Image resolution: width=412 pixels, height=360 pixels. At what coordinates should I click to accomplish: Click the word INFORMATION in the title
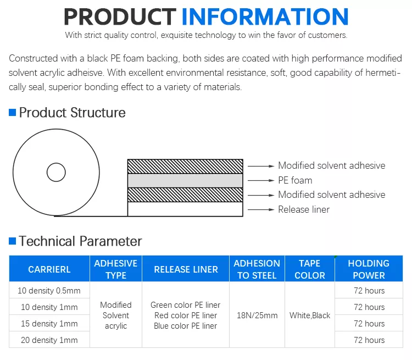pyautogui.click(x=265, y=16)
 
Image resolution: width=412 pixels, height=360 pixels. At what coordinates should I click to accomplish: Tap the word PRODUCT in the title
pyautogui.click(x=120, y=16)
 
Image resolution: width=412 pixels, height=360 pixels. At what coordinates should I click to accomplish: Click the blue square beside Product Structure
pyautogui.click(x=12, y=113)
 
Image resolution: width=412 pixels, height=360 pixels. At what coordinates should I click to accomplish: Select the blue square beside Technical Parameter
pyautogui.click(x=12, y=241)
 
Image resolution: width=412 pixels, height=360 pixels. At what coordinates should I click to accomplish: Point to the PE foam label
pyautogui.click(x=295, y=180)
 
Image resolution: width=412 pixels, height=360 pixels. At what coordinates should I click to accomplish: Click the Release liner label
pyautogui.click(x=304, y=209)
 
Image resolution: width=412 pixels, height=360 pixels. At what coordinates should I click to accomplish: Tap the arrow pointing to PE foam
pyautogui.click(x=261, y=180)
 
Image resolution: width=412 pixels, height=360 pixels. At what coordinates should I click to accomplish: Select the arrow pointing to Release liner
pyautogui.click(x=261, y=209)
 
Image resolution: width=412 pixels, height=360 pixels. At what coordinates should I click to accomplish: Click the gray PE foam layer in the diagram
pyautogui.click(x=185, y=181)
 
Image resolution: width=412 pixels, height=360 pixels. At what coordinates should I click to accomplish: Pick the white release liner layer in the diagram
pyautogui.click(x=185, y=209)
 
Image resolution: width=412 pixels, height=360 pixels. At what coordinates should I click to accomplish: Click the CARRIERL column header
pyautogui.click(x=49, y=269)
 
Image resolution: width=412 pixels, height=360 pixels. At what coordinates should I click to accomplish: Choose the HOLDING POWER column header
pyautogui.click(x=369, y=269)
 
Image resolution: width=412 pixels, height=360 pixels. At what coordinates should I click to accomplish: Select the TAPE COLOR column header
pyautogui.click(x=310, y=269)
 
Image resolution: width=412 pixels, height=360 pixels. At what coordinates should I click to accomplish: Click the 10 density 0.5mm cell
pyautogui.click(x=49, y=291)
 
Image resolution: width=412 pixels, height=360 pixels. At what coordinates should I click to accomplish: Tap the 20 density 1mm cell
pyautogui.click(x=49, y=340)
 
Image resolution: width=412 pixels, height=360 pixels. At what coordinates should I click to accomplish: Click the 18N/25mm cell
pyautogui.click(x=257, y=315)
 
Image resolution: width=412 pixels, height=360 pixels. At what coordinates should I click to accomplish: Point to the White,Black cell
pyautogui.click(x=310, y=315)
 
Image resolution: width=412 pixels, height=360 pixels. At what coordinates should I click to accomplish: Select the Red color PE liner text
pyautogui.click(x=186, y=315)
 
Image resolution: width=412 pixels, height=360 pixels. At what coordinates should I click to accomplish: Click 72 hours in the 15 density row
pyautogui.click(x=369, y=323)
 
